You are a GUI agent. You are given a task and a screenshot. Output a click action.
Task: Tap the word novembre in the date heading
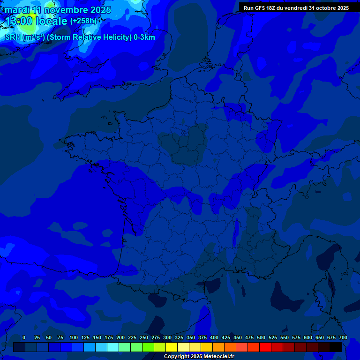(65, 10)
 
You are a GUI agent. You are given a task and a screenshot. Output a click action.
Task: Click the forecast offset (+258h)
(83, 21)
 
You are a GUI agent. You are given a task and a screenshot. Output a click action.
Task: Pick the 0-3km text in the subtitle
(143, 37)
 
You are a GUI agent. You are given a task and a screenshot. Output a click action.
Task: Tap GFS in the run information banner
(261, 7)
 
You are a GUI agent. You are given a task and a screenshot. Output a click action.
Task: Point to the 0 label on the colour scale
(24, 337)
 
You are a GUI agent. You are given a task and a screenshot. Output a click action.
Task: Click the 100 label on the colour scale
(74, 337)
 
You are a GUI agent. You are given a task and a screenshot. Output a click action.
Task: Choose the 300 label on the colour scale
(167, 337)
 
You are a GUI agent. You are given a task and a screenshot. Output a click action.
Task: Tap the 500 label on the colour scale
(261, 337)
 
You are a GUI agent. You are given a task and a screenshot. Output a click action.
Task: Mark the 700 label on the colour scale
(343, 337)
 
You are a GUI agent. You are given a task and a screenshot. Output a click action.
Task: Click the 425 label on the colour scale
(226, 337)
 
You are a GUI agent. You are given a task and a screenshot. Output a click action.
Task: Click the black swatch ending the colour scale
(336, 347)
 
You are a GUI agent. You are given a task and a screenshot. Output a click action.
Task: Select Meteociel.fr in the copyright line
(219, 356)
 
